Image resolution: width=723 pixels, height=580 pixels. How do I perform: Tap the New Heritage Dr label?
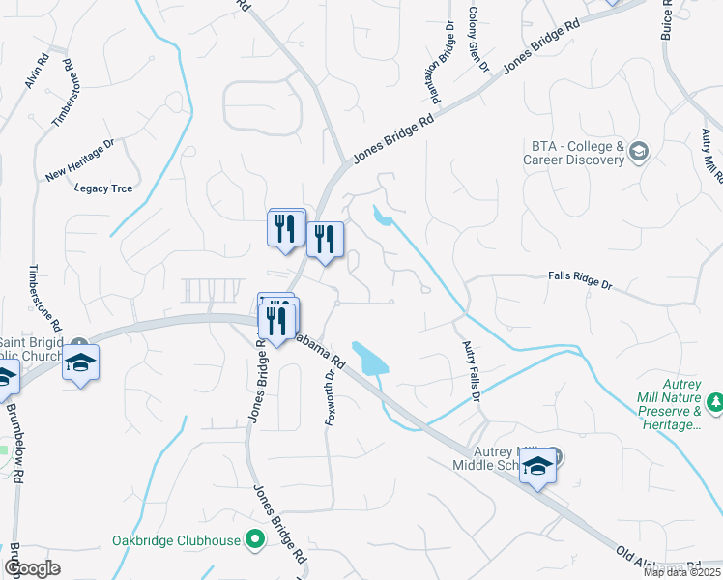coord(79,160)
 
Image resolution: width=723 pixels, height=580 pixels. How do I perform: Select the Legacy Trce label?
coord(101,188)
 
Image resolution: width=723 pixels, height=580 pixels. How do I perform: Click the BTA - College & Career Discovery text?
coord(576,153)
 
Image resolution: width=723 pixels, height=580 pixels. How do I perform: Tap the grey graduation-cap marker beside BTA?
coord(639,151)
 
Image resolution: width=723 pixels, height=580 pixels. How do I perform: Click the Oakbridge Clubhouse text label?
coord(176,540)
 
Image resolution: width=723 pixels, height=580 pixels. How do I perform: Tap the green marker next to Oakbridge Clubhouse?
coord(255,539)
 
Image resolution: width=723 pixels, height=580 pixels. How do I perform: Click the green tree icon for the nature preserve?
coord(714,401)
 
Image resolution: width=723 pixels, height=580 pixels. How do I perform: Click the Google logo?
coord(32,568)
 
